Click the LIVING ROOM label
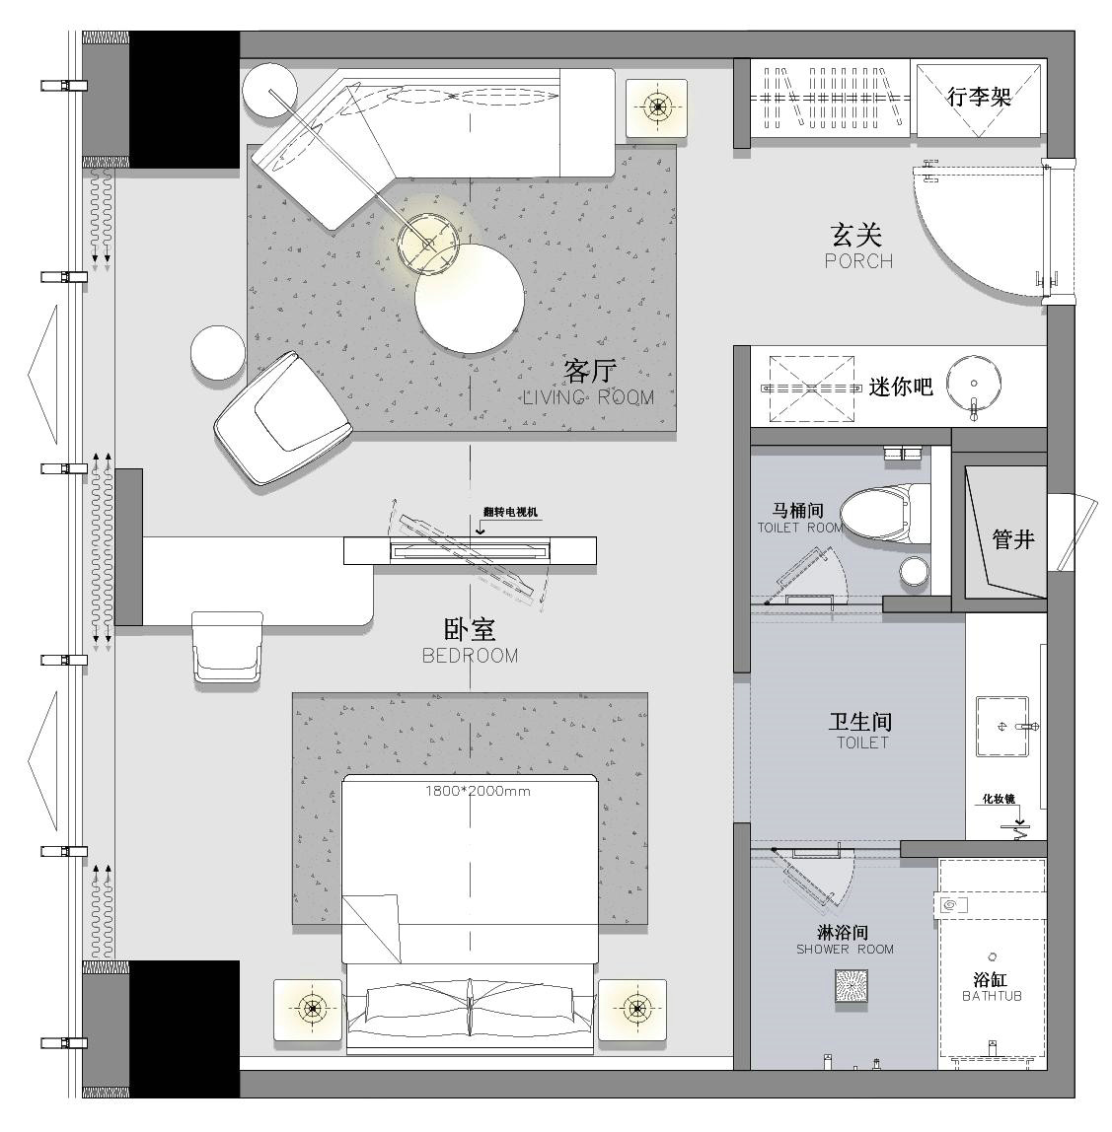point(588,397)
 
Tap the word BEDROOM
point(471,656)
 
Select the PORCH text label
point(859,260)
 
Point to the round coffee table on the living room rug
point(470,298)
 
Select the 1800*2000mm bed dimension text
point(478,791)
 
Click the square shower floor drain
point(852,986)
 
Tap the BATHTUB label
point(992,996)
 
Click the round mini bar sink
point(974,384)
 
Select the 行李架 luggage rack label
point(979,96)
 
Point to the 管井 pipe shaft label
point(1013,539)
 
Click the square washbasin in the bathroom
point(1002,727)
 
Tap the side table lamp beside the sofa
point(656,107)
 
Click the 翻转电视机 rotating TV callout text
point(510,512)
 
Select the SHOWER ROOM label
point(845,950)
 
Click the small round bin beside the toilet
point(915,572)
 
